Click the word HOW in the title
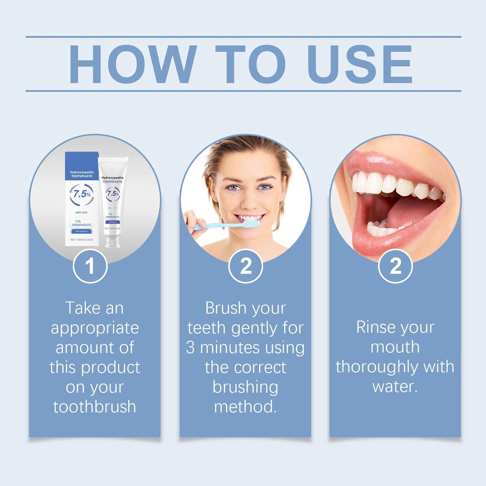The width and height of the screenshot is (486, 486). coord(133,64)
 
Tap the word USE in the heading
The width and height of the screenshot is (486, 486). coord(360,64)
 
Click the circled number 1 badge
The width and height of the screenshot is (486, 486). coord(90,266)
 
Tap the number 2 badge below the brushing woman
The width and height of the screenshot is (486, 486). coord(246,266)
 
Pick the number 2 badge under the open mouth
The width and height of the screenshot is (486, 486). coord(395,266)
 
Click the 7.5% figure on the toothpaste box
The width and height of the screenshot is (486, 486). coord(82,194)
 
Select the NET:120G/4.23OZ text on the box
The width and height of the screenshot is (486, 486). coord(82,240)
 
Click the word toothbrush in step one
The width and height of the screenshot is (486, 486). coord(95,407)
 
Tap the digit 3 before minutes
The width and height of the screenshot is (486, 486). coord(190,348)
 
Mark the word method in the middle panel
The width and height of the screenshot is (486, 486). coord(245,407)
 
